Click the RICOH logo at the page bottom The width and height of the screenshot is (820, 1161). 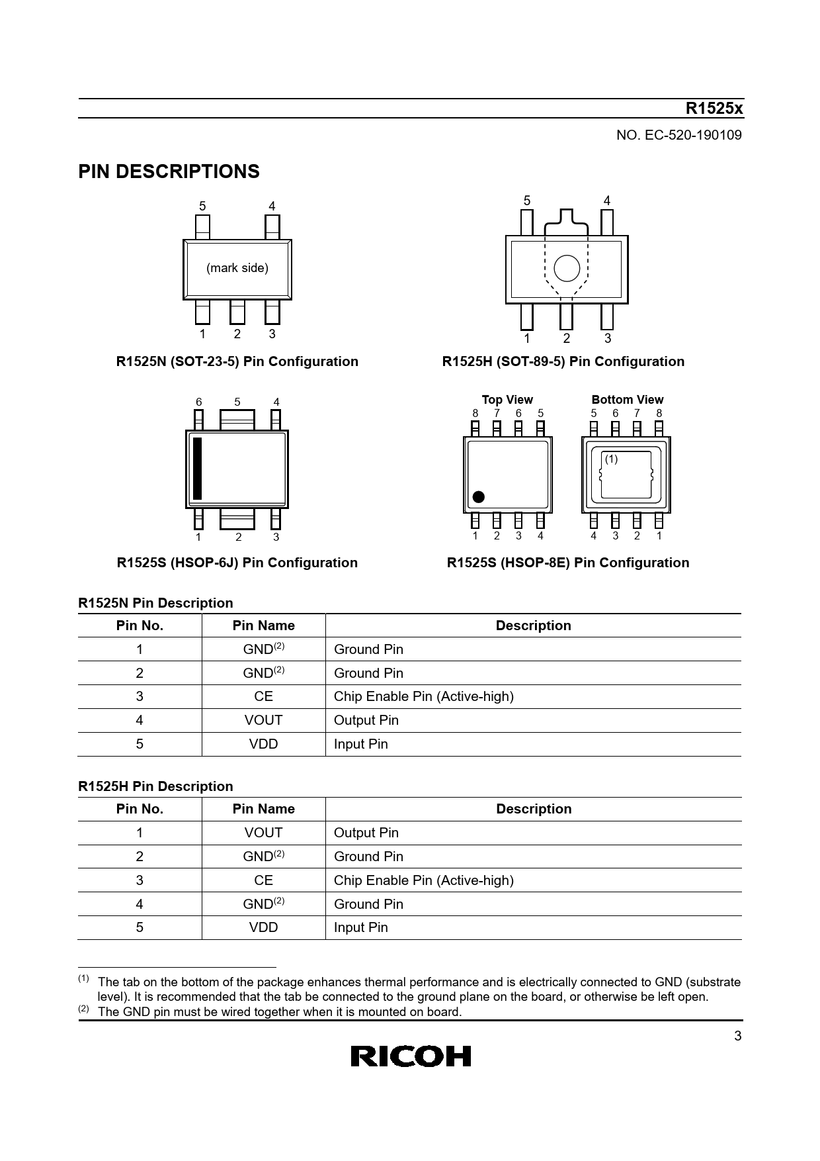click(410, 1056)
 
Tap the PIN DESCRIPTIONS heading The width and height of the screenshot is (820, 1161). click(169, 171)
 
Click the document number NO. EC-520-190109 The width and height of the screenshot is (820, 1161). click(678, 135)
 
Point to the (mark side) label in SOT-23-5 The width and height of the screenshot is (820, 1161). click(237, 268)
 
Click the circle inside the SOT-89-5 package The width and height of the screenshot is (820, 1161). click(567, 268)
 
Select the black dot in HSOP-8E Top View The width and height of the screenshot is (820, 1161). click(478, 497)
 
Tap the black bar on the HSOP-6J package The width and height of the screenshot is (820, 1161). click(197, 469)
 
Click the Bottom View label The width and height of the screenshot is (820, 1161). click(627, 399)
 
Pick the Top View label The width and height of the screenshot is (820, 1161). click(507, 399)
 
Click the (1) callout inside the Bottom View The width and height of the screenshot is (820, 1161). click(611, 459)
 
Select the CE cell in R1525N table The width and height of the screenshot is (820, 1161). click(263, 696)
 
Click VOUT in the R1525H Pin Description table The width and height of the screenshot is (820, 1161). click(263, 833)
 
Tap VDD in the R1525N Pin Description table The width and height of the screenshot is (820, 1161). click(263, 744)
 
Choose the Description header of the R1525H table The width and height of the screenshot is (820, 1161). click(533, 809)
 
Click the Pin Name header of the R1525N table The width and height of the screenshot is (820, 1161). click(263, 626)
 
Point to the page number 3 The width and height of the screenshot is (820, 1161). click(738, 1037)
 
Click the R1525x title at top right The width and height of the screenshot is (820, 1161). click(714, 109)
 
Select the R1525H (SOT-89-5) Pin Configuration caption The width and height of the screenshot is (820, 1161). click(563, 361)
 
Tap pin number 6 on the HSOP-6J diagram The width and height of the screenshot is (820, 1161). click(198, 402)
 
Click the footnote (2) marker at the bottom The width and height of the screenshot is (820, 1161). click(83, 1009)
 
